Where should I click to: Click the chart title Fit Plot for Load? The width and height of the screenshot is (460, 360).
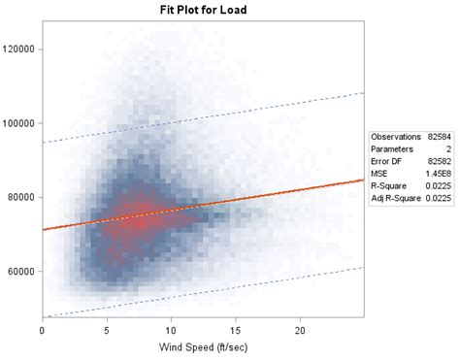[x=203, y=11]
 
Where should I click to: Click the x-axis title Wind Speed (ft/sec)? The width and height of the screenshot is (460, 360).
[x=203, y=346]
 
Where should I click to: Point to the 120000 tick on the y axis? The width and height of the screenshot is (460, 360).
[x=19, y=49]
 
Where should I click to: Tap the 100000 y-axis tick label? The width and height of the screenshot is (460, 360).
[x=19, y=123]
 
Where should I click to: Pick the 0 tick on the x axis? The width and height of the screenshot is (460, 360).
[x=43, y=330]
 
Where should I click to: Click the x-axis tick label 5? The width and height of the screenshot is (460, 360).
[x=107, y=330]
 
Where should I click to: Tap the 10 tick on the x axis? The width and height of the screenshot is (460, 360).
[x=171, y=330]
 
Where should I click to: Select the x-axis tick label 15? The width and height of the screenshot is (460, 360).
[x=236, y=330]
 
